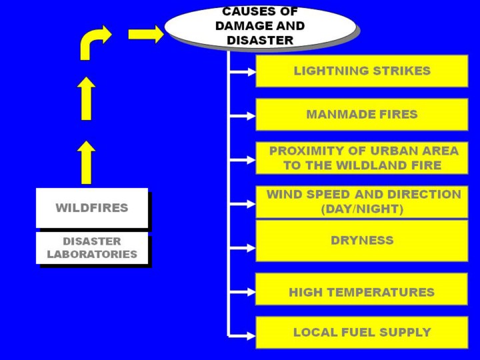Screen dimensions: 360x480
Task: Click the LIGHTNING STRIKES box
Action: [x=361, y=71]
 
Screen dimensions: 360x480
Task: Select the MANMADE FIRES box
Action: [x=361, y=115]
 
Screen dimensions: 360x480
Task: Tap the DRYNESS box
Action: [x=361, y=241]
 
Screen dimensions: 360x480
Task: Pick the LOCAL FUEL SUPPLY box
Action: [x=361, y=332]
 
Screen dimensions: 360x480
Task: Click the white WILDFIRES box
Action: [x=91, y=208]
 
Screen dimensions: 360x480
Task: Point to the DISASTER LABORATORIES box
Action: [x=91, y=248]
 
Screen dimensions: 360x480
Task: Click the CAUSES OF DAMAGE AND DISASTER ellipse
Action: [x=260, y=27]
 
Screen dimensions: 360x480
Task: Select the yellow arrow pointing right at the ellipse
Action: [x=146, y=34]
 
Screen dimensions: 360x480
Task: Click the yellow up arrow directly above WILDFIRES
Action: [x=86, y=162]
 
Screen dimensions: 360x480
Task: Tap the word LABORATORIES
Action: [x=92, y=255]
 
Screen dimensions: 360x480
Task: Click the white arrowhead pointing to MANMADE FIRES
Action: [x=250, y=115]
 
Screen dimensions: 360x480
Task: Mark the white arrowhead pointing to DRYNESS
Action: [x=250, y=247]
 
